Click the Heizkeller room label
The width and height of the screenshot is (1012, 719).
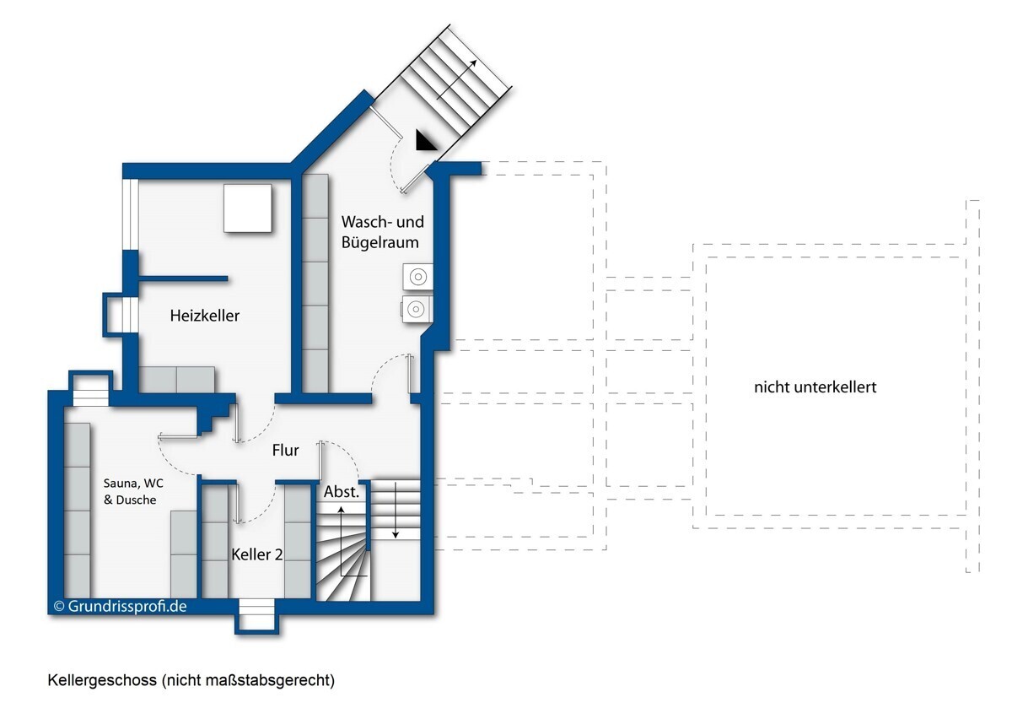tap(205, 316)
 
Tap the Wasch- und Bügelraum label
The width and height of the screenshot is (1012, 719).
tap(381, 232)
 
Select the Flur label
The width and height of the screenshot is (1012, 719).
tap(286, 451)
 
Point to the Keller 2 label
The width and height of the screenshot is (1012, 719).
tap(256, 554)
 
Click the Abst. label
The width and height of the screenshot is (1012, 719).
tap(342, 491)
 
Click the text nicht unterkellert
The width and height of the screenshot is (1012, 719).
tap(816, 387)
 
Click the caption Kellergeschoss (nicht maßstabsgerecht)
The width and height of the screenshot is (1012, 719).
tap(191, 680)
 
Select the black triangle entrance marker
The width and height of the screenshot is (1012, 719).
tap(427, 141)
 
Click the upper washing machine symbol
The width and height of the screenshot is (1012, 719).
tap(417, 275)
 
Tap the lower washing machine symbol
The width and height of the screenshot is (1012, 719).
tap(416, 310)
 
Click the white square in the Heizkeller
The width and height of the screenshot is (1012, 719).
tap(247, 208)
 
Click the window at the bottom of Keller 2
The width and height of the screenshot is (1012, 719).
tap(256, 614)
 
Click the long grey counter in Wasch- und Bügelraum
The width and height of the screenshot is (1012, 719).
tap(315, 283)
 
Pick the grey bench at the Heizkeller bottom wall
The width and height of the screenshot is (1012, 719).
tap(177, 379)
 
